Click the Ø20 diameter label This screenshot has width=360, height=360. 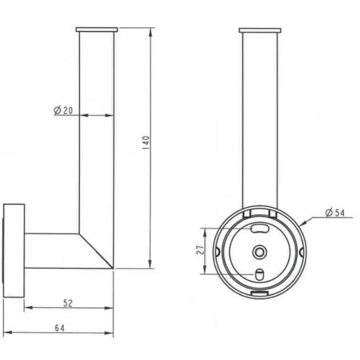[x=63, y=110]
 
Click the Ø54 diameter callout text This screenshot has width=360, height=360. [x=334, y=212]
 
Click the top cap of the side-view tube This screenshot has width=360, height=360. [x=97, y=30]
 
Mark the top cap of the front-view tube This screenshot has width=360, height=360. [x=261, y=30]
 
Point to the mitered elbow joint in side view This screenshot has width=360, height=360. [x=96, y=250]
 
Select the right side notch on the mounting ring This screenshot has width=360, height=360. [x=302, y=251]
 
